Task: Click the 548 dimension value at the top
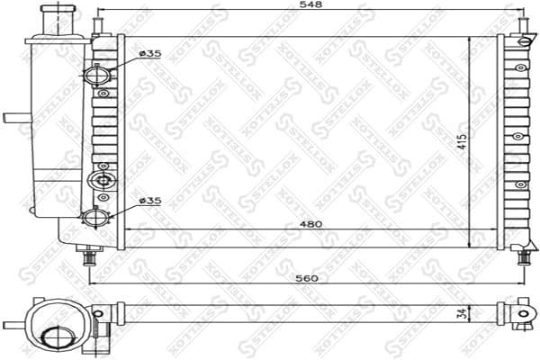tap(310, 5)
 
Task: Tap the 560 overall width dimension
tap(310, 278)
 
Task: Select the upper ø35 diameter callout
tap(150, 55)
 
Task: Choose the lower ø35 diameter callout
tap(150, 201)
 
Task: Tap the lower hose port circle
tap(96, 218)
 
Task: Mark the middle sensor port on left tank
tap(103, 180)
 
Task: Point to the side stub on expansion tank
tap(15, 117)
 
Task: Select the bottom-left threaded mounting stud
tap(89, 258)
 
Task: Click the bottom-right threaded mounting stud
tap(524, 257)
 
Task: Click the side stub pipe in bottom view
tap(13, 324)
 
